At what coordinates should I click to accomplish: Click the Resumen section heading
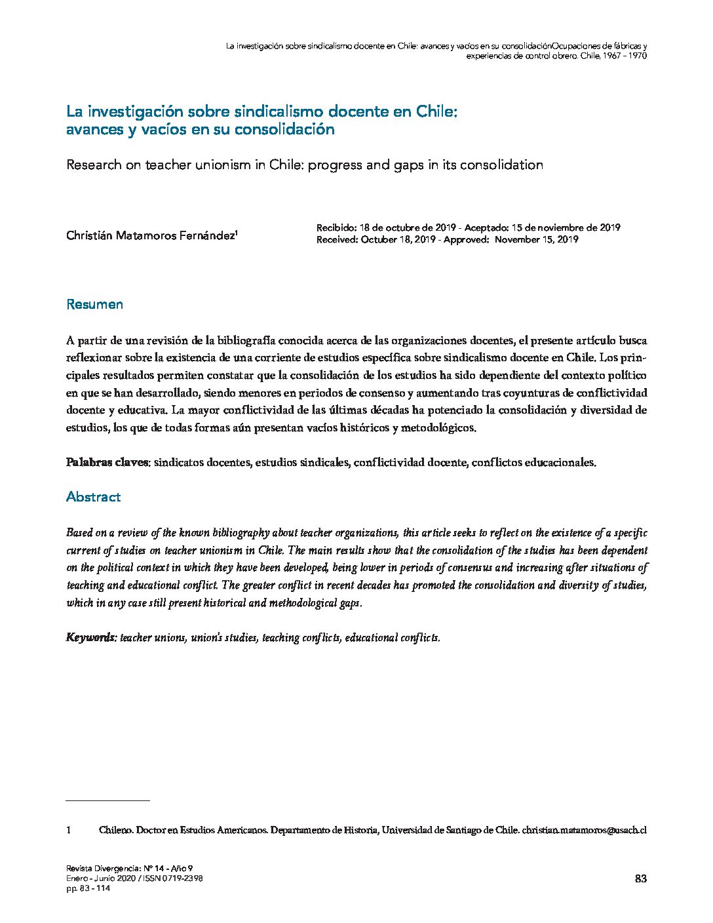click(x=94, y=305)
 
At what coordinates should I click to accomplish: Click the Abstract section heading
click(x=93, y=497)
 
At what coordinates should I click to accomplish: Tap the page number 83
click(x=641, y=879)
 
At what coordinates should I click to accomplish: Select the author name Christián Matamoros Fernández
click(x=150, y=236)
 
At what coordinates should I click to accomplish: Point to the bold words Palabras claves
click(x=108, y=462)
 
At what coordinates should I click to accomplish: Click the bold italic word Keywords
click(x=91, y=637)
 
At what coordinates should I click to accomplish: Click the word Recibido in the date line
click(x=336, y=228)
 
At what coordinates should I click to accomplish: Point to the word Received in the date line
click(x=336, y=239)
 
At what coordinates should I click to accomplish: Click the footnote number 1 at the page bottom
click(x=68, y=830)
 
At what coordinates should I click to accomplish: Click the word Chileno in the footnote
click(x=115, y=830)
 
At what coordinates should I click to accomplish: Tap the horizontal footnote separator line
click(x=108, y=800)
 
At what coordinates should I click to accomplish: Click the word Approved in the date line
click(x=465, y=239)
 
